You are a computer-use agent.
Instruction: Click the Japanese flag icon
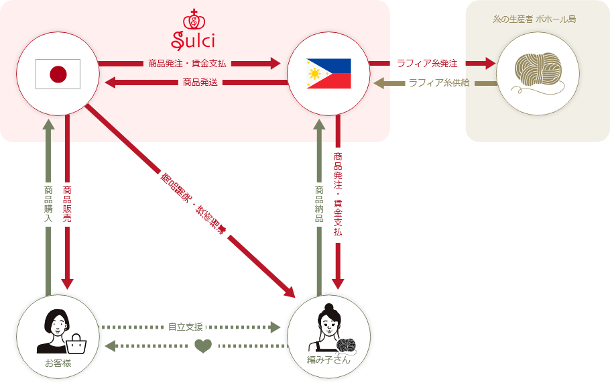coord(58,74)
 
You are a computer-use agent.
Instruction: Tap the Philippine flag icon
coord(328,74)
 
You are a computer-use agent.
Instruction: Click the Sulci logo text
coord(193,40)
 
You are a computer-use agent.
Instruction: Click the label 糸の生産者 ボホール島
coord(534,19)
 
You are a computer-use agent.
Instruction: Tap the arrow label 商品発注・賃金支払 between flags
coord(187,64)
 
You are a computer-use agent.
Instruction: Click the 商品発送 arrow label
coord(199,82)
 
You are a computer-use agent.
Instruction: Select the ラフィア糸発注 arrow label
coord(427,64)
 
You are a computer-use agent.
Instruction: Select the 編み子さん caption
coord(328,361)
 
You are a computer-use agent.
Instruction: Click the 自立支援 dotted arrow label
coord(184,327)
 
